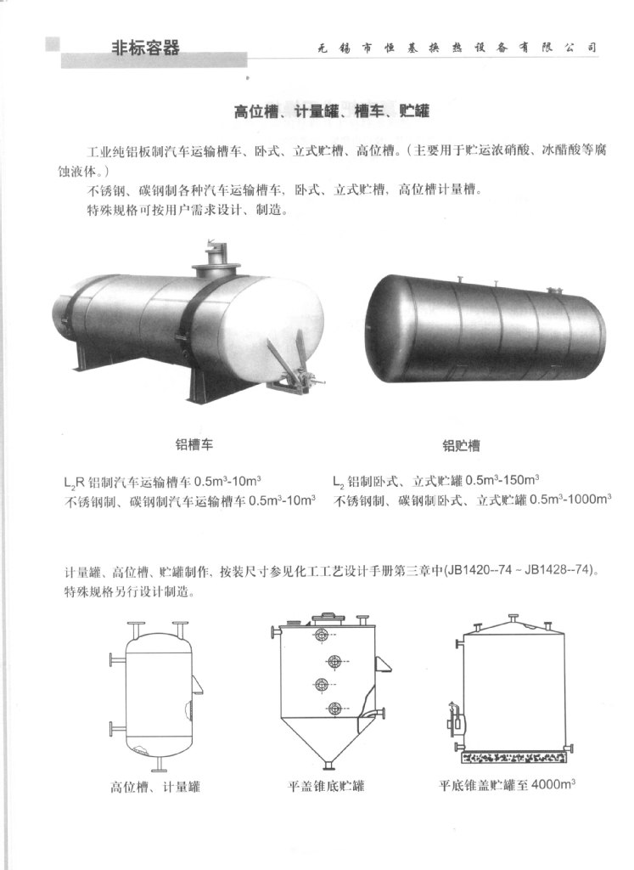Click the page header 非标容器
(146, 48)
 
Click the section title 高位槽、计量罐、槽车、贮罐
(331, 111)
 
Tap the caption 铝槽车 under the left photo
(194, 444)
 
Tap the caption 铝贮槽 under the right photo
(461, 445)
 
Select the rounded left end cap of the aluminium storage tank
(385, 327)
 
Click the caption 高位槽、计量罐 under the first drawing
(154, 786)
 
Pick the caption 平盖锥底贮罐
(326, 786)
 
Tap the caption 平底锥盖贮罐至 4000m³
(507, 785)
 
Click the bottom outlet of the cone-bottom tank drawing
(329, 765)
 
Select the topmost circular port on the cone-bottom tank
(321, 636)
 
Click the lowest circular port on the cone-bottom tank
(334, 709)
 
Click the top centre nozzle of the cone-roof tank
(513, 619)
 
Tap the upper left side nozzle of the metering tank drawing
(118, 659)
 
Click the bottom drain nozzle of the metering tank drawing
(159, 765)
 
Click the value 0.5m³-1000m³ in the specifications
(570, 499)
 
